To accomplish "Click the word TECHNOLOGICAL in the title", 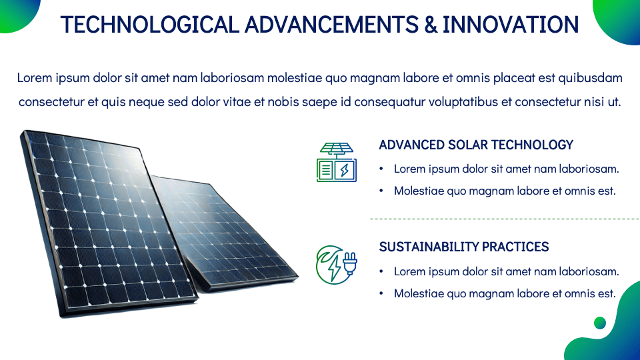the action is point(150,25).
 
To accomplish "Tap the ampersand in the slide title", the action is point(431,25).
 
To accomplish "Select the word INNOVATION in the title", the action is point(511,25).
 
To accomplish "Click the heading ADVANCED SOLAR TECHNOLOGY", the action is point(476,145).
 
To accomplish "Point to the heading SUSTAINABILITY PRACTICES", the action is point(464,247).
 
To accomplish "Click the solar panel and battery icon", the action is point(337,162).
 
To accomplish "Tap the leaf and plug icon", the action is point(337,265).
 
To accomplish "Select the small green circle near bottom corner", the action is point(600,323).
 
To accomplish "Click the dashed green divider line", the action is point(505,219).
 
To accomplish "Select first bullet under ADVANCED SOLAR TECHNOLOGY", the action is point(506,169).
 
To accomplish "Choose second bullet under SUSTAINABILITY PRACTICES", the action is point(505,293).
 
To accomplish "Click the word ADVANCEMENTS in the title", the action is point(331,25).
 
